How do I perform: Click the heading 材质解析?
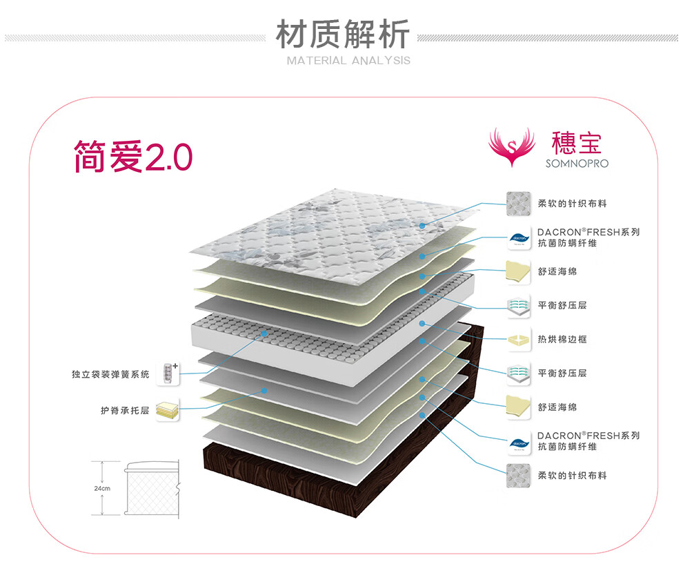coord(343,35)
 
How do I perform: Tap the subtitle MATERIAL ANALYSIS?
coord(348,61)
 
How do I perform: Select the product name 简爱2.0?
coord(133,157)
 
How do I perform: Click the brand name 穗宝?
coord(576,142)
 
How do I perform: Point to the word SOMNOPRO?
coord(577,164)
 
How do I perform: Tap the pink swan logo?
coord(511,146)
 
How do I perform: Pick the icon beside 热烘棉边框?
coord(518,340)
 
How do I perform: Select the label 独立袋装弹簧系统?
coord(110,374)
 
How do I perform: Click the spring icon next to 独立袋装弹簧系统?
coord(169,374)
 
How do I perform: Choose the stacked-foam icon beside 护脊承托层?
coord(167,411)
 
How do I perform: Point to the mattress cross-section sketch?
coord(151,488)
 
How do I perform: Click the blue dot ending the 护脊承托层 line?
coord(264,391)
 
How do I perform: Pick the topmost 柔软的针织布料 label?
coord(572,204)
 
